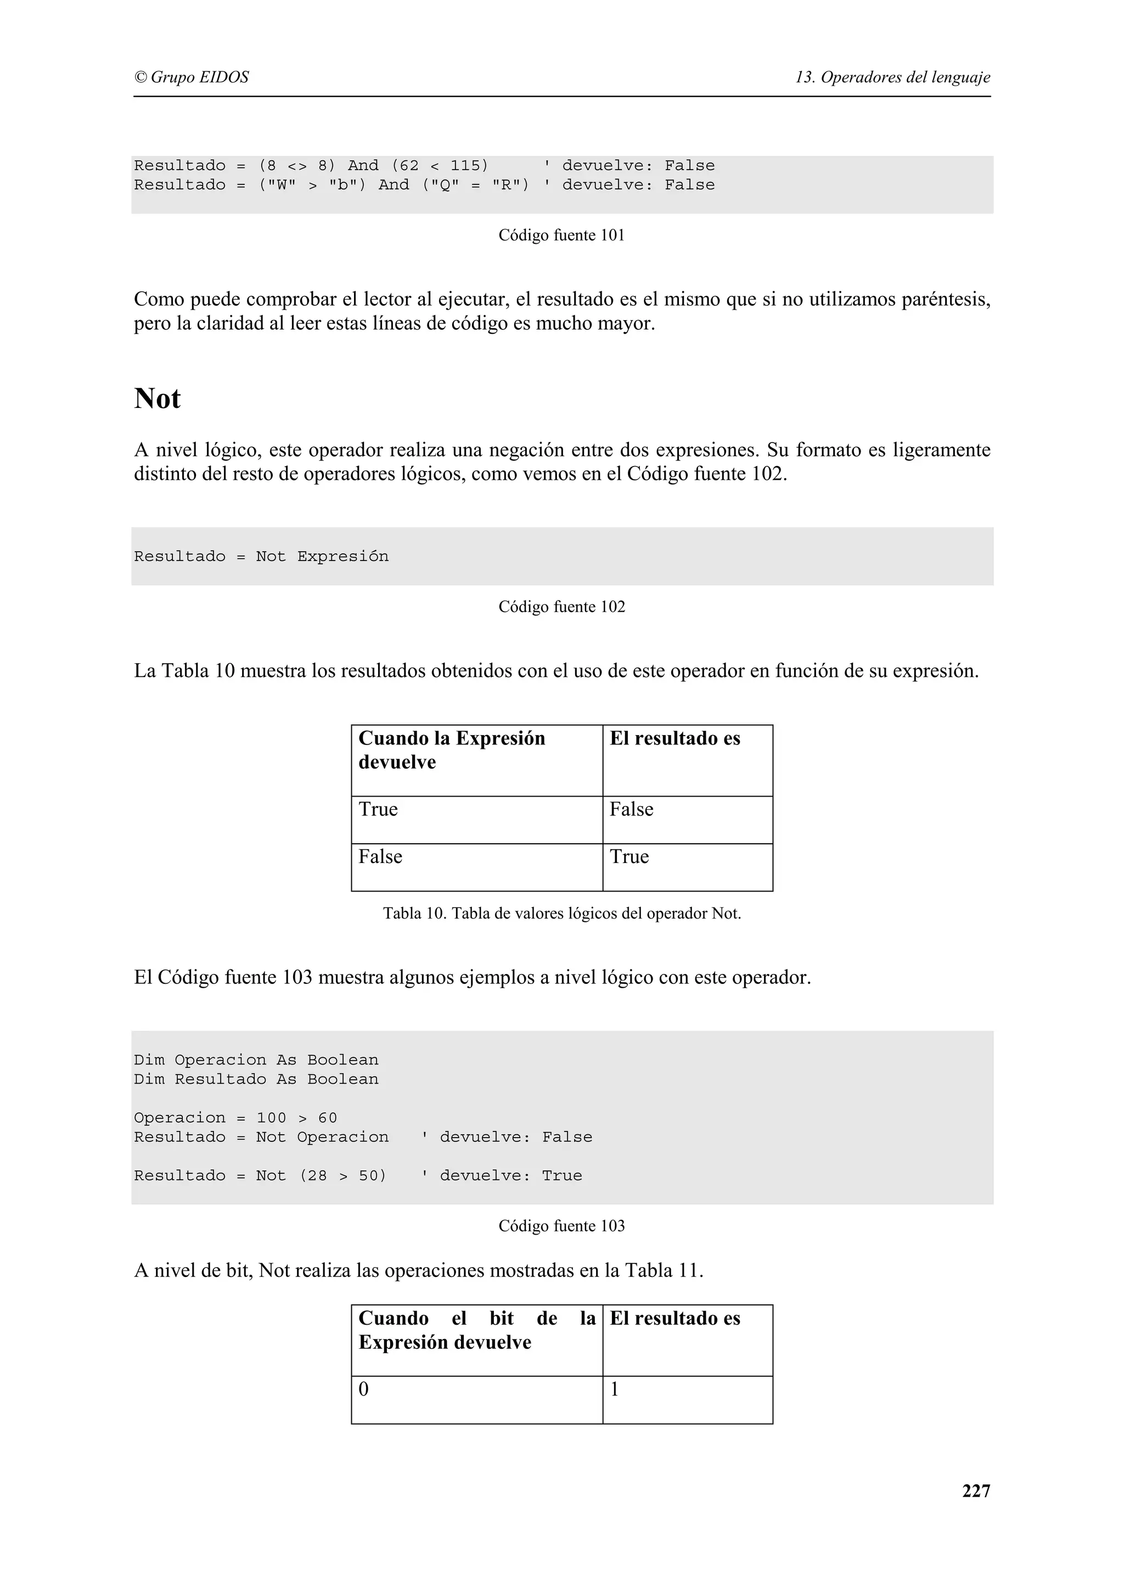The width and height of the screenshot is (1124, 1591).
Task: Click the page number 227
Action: pos(976,1490)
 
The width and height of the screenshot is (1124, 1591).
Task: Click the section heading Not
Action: pos(157,399)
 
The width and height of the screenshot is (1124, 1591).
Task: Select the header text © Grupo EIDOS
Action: pos(191,77)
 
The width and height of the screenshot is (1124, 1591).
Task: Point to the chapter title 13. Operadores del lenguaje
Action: pos(892,77)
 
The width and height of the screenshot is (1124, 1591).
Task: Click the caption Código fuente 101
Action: pos(561,236)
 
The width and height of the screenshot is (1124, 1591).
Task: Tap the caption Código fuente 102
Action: pos(561,607)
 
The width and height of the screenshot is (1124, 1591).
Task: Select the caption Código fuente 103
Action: pos(561,1226)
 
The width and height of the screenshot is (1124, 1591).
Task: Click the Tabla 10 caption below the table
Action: pos(561,914)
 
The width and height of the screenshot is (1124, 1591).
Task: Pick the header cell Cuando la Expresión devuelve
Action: pos(476,760)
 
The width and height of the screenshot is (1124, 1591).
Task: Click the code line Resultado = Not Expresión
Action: pos(261,557)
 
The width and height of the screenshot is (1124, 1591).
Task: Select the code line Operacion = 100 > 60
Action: pos(235,1118)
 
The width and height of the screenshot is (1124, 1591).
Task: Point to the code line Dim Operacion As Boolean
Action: pos(256,1060)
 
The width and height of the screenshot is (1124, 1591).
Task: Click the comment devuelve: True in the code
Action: pos(511,1176)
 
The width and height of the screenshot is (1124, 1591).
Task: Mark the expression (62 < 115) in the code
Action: pos(440,166)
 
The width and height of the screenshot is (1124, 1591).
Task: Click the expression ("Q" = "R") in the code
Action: pos(476,185)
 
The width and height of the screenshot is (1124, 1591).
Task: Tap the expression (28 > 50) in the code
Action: pos(343,1176)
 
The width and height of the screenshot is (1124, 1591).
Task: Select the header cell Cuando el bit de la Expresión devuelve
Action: pos(476,1341)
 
